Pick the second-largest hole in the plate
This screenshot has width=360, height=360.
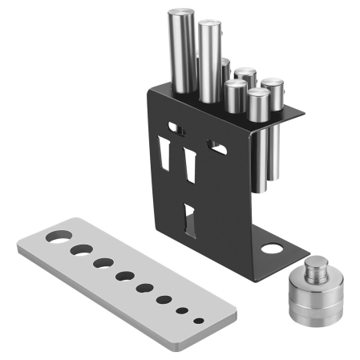coord(81,250)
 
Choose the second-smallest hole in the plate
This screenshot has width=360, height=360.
coord(183,311)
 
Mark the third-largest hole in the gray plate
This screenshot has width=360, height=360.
coord(103,263)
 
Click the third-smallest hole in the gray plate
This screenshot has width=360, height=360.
coord(164,301)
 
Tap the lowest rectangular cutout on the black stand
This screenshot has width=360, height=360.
coord(189,219)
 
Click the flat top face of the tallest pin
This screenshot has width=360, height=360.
coord(177,14)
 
